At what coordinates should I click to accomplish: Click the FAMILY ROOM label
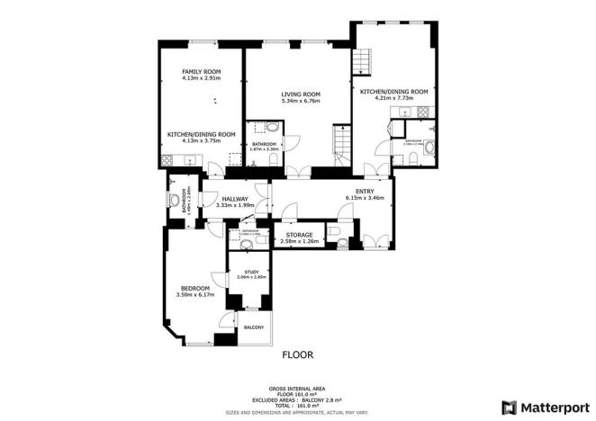click(x=201, y=71)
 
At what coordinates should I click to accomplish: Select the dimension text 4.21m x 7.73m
click(x=393, y=98)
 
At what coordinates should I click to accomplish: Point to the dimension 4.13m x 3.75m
click(x=201, y=140)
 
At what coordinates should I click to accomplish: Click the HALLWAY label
click(x=235, y=199)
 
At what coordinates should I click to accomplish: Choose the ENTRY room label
click(x=365, y=191)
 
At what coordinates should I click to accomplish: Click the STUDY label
click(x=252, y=272)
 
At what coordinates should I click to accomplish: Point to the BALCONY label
click(x=253, y=327)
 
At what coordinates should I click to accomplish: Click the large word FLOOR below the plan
click(x=298, y=354)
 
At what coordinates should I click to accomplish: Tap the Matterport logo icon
click(x=510, y=407)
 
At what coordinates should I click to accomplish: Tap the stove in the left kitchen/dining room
click(x=167, y=160)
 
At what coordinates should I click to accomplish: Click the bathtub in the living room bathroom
click(x=262, y=129)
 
